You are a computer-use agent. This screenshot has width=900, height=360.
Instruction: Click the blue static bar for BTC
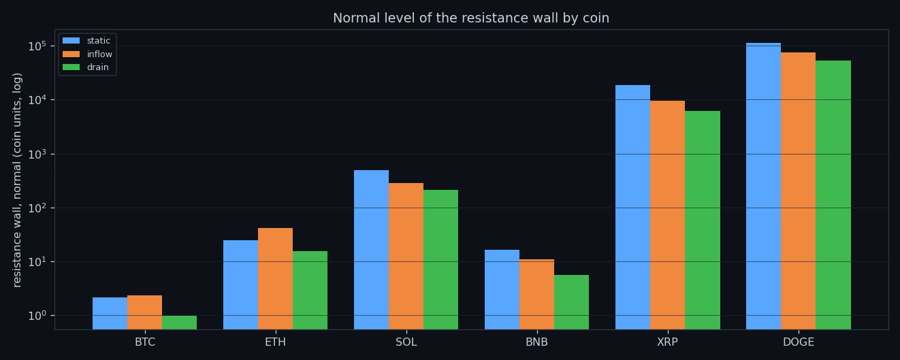click(x=110, y=314)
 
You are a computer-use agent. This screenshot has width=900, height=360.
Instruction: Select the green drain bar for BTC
click(x=180, y=323)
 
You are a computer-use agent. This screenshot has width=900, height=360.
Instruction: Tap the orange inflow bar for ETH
click(x=275, y=279)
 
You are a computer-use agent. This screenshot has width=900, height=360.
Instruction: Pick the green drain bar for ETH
click(x=310, y=290)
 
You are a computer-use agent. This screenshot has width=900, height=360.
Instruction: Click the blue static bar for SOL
click(x=371, y=250)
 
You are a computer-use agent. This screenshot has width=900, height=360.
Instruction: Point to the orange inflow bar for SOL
click(x=406, y=257)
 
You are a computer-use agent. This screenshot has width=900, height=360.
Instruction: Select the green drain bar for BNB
click(x=571, y=302)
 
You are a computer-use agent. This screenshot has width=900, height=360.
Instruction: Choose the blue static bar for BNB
click(x=502, y=290)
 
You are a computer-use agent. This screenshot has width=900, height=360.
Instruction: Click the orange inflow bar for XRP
click(x=667, y=215)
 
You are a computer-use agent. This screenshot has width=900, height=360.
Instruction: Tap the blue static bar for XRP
click(x=633, y=208)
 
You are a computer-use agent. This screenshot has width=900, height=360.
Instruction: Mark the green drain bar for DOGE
click(x=833, y=195)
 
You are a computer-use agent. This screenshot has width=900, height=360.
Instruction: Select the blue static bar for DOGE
click(x=763, y=186)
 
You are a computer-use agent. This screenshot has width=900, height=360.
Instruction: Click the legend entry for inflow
click(x=88, y=54)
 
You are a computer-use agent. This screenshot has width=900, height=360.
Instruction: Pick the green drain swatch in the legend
click(x=71, y=67)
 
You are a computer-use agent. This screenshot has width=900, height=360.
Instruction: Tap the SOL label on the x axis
click(x=406, y=342)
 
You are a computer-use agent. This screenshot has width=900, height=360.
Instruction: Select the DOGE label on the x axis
click(x=799, y=342)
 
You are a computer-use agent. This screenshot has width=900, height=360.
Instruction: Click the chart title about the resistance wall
click(x=471, y=18)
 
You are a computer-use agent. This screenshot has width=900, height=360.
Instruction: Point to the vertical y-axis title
click(x=16, y=180)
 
